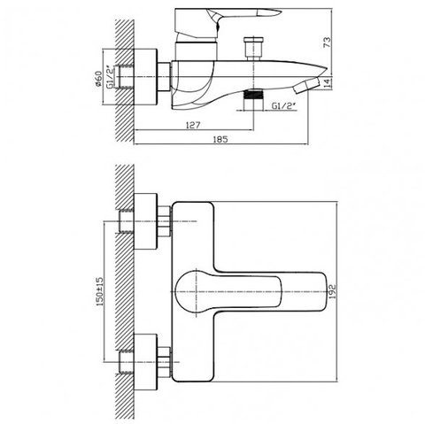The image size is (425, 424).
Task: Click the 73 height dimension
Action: pos(328,42)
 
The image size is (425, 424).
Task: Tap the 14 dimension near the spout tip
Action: pos(328,82)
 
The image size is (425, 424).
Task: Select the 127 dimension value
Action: pos(193,125)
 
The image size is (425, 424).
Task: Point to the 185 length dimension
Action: pos(220,139)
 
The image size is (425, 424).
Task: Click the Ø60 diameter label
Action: pos(98,80)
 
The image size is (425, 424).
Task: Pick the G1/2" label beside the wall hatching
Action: pos(109,77)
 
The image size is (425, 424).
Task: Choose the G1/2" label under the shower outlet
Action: pos(283,105)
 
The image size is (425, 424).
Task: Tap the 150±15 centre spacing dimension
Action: pos(99,291)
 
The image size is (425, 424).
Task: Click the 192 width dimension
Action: pos(332,291)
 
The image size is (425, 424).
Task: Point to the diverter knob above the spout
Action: pos(253,48)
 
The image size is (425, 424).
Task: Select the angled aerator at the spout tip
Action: pos(306,86)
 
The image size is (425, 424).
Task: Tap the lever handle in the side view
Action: pos(228,23)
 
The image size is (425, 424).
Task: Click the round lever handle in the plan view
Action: pos(228,292)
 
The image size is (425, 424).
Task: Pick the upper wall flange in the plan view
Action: pos(145,221)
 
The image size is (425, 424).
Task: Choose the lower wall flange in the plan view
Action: pos(145,362)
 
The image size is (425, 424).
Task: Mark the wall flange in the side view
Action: pos(145,76)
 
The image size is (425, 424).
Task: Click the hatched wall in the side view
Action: pos(125,81)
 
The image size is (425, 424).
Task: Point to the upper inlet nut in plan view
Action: pos(165,221)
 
